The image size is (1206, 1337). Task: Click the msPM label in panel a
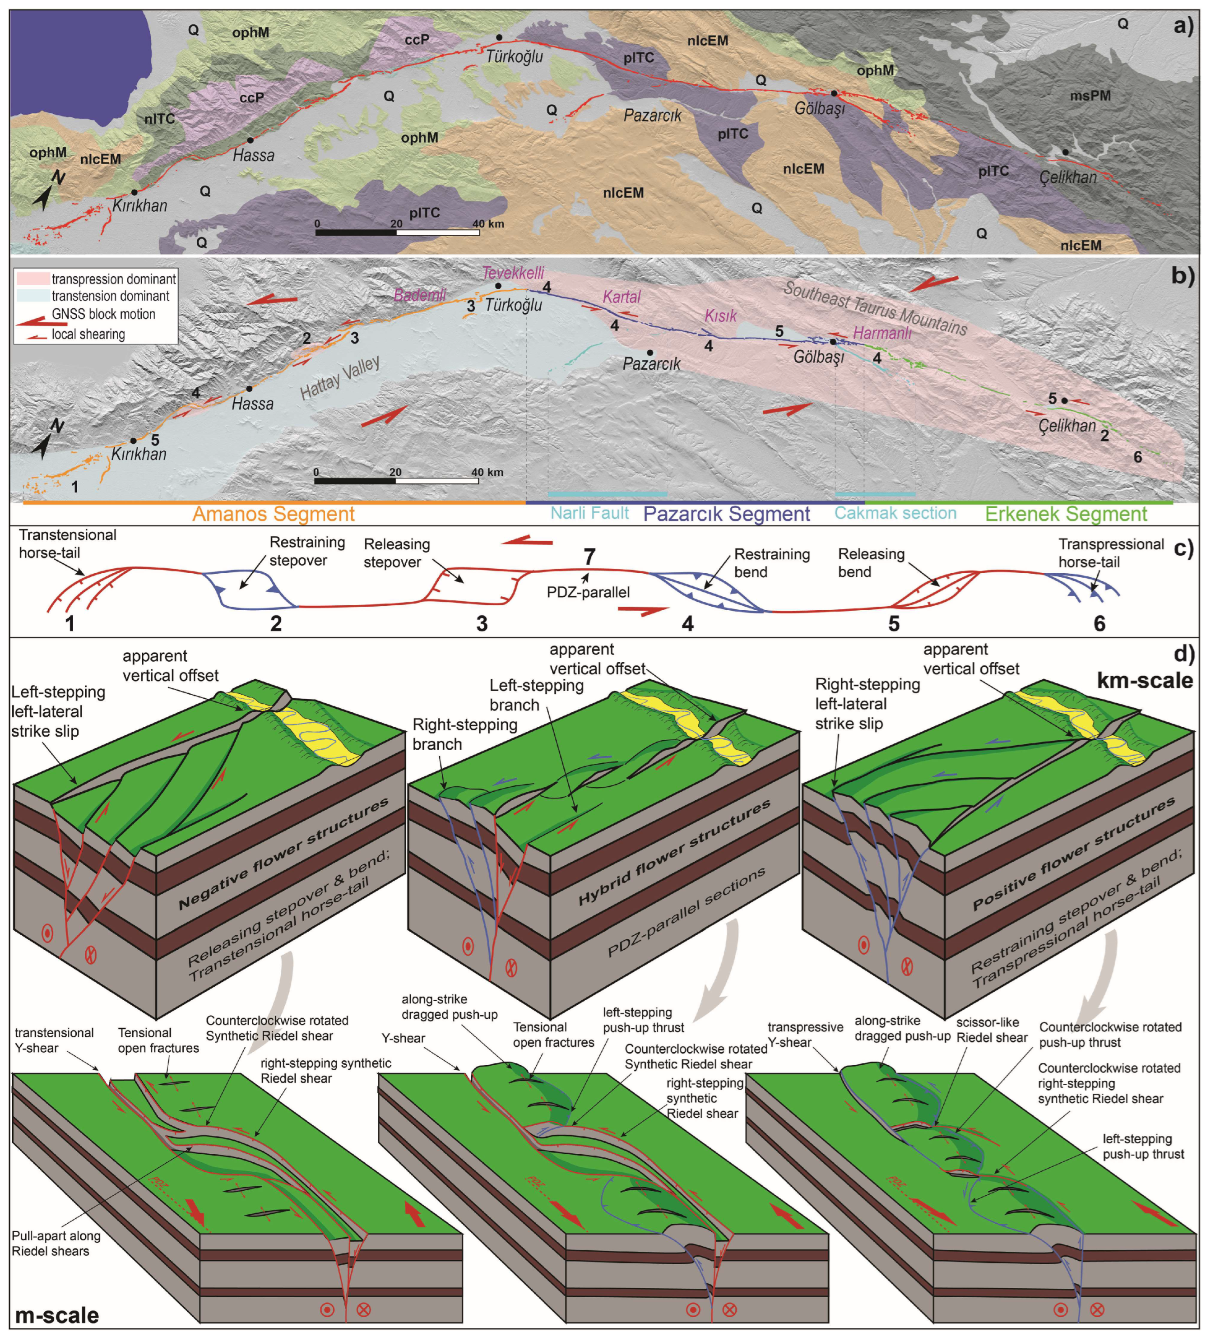point(1090,96)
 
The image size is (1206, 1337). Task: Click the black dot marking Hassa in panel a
point(250,140)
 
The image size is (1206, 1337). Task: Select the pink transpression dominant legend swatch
point(32,279)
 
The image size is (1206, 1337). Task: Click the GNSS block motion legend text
point(103,314)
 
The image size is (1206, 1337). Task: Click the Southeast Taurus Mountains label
point(875,308)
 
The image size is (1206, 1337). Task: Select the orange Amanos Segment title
point(274,514)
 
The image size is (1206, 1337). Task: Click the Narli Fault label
point(590,513)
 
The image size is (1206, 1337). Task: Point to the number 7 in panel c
point(589,557)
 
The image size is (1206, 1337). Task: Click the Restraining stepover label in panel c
point(307,551)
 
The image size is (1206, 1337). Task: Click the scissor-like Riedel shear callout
point(992,1030)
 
